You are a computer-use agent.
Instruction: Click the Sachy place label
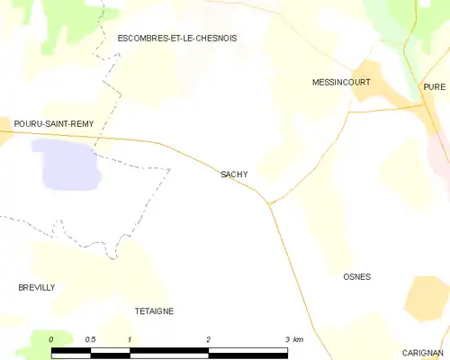(x=234, y=175)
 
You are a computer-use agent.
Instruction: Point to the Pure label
(x=434, y=86)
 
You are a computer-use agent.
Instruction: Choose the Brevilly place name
(x=37, y=287)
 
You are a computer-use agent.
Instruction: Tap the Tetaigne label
(x=154, y=310)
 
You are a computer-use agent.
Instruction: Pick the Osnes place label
(x=357, y=277)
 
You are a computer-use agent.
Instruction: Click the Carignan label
(x=423, y=353)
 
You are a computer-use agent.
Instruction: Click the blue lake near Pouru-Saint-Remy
(x=65, y=163)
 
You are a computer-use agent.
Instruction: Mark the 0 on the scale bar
(x=52, y=339)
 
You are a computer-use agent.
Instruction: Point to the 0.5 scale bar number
(x=90, y=339)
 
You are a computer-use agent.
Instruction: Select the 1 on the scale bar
(x=130, y=339)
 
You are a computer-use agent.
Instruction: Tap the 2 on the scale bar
(x=209, y=339)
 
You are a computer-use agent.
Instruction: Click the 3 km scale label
(x=292, y=339)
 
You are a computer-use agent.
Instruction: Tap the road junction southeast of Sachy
(x=269, y=203)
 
